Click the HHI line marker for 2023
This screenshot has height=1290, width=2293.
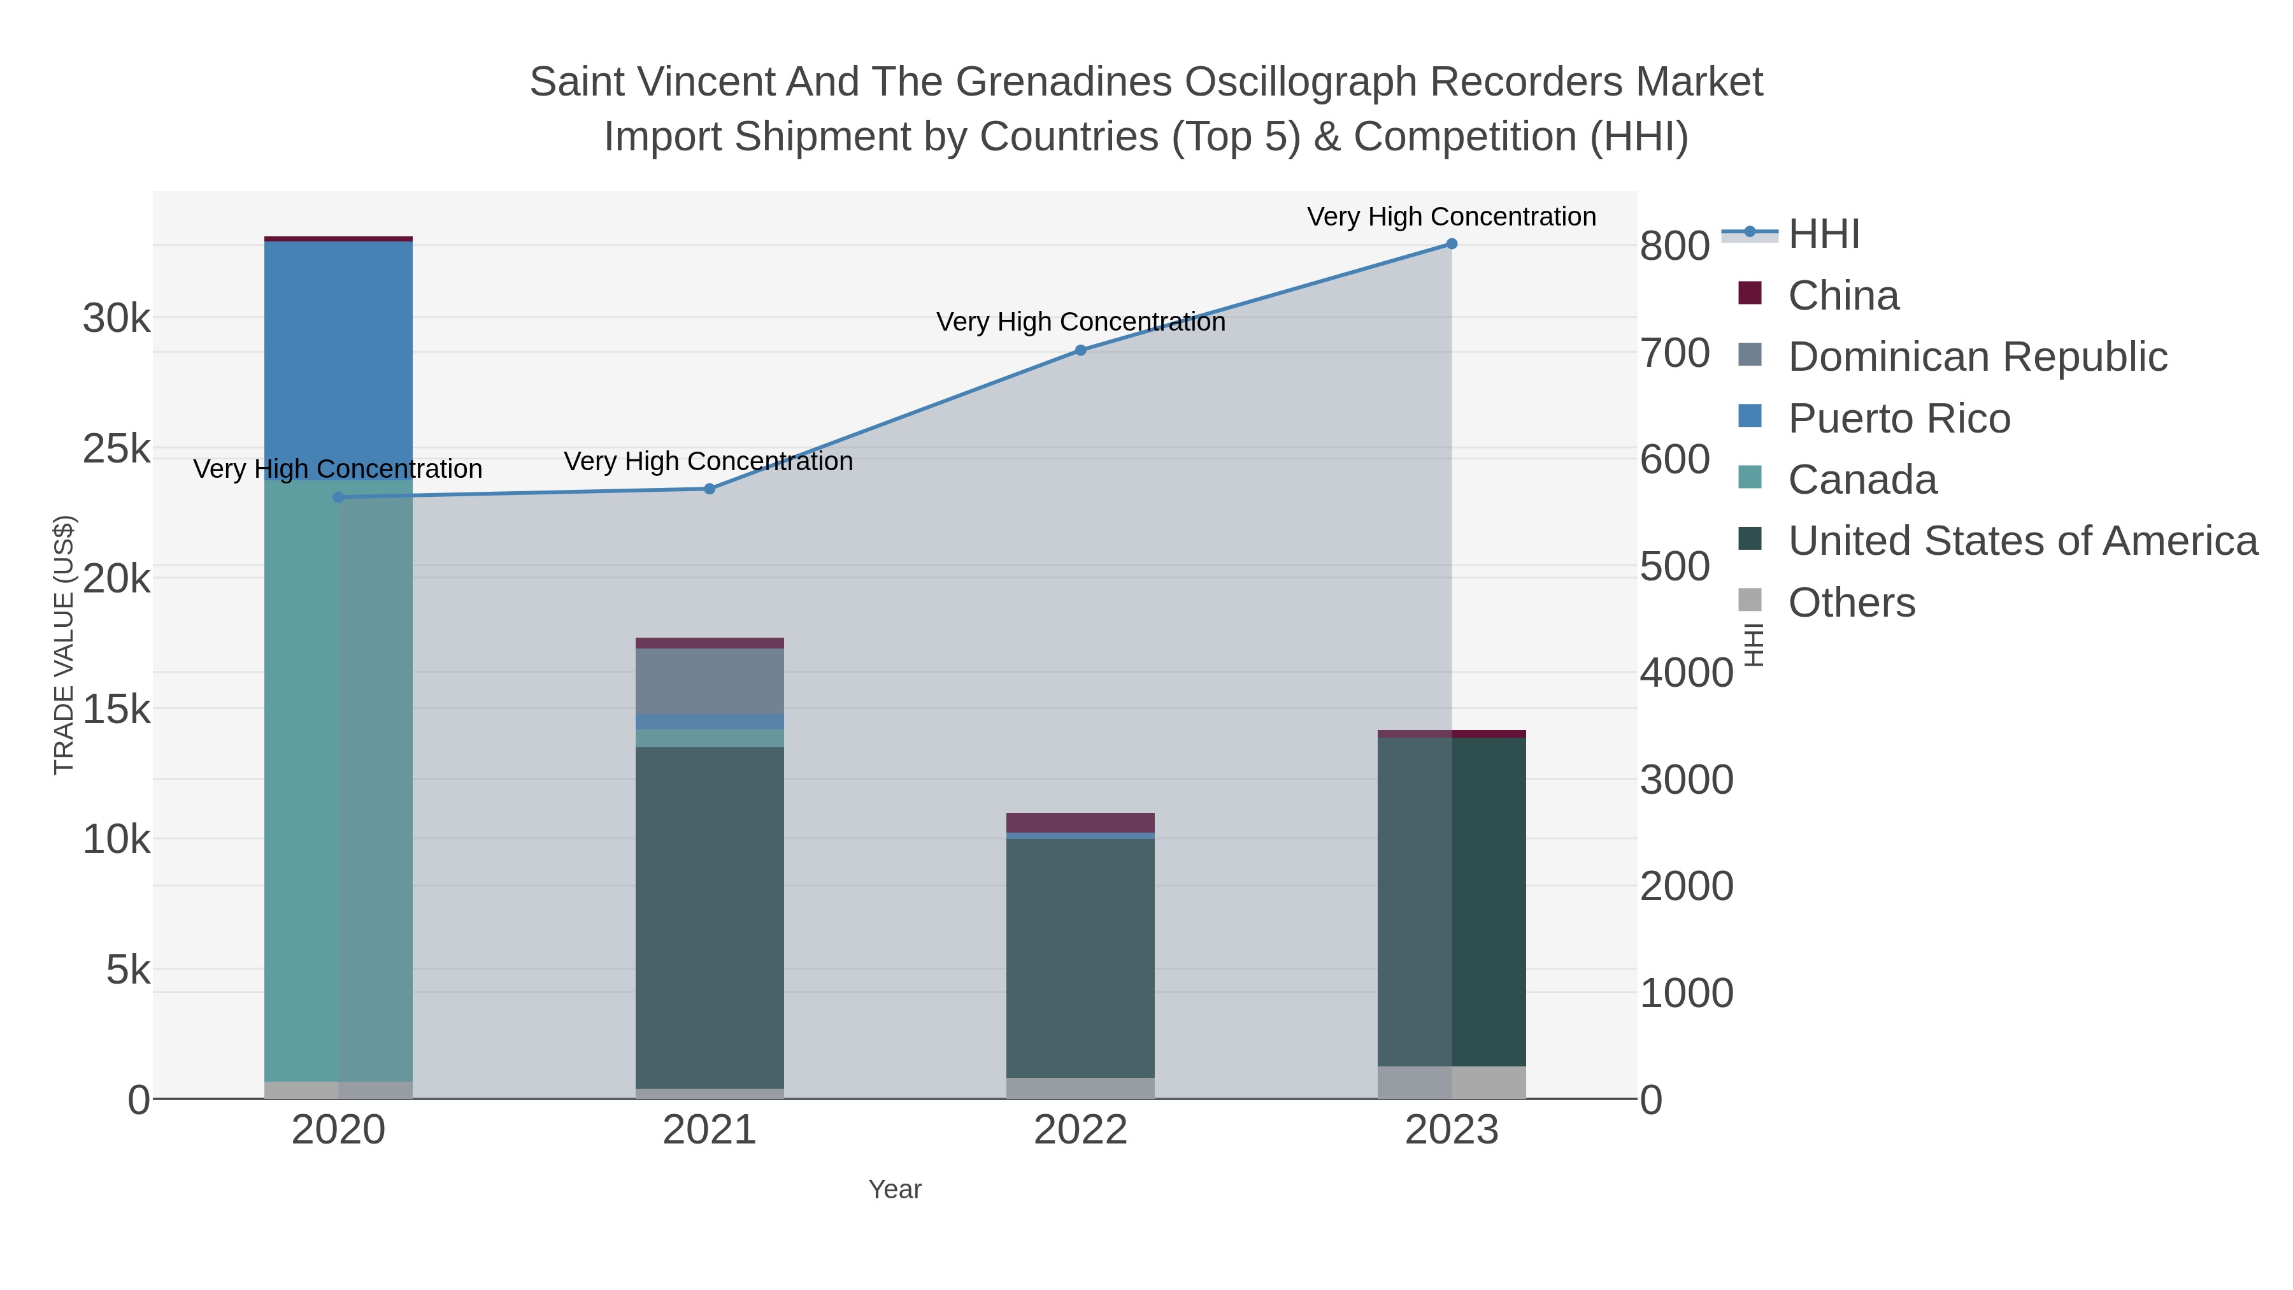1451,244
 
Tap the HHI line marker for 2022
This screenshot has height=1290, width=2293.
1081,351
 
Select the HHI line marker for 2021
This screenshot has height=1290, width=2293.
710,489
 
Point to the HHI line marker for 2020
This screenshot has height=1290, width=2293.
338,498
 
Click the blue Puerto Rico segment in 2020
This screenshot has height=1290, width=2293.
338,356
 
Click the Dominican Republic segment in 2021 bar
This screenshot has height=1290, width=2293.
710,681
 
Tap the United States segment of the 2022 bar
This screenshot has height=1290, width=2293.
1081,957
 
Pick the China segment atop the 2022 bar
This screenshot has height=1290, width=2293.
1081,822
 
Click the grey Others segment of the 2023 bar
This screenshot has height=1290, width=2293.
1451,1082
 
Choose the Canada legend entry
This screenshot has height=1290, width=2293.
1862,480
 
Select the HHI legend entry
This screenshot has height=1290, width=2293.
1823,234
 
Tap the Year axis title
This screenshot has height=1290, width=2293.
895,1189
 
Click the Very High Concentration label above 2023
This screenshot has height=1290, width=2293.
1451,217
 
